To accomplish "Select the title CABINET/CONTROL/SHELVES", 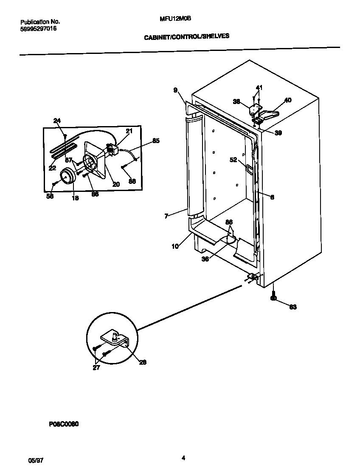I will pos(187,37).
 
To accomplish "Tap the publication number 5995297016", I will pos(39,28).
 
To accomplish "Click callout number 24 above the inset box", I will pos(57,121).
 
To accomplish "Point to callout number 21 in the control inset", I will pos(129,131).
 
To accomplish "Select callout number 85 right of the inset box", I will pos(156,141).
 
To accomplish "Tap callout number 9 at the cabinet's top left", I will pos(175,90).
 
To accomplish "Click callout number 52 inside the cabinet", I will pos(233,160).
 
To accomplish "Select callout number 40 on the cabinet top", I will pos(287,100).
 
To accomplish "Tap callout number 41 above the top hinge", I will pos(259,87).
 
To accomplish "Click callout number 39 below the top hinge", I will pos(278,133).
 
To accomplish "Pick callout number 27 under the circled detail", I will pos(96,368).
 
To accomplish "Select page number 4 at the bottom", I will pos(183,458).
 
